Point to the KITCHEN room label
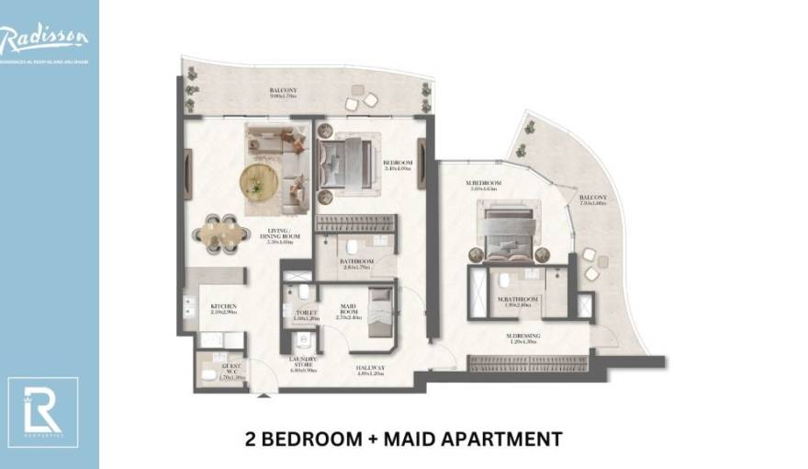[x=224, y=306]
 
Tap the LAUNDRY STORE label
[x=303, y=363]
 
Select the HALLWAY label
[x=370, y=370]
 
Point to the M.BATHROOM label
[x=518, y=300]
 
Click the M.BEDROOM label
[x=483, y=184]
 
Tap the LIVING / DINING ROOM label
[x=278, y=234]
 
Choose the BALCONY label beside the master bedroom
[x=592, y=199]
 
